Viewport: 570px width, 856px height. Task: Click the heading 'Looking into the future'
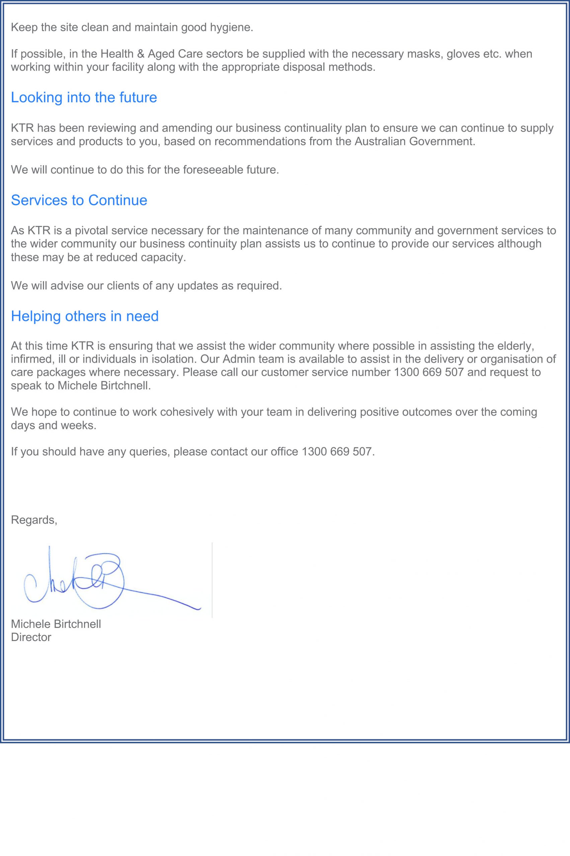click(84, 97)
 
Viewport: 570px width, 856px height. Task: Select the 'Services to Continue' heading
click(79, 200)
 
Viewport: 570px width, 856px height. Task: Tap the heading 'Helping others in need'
click(85, 316)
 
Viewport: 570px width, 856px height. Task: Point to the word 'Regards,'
click(34, 520)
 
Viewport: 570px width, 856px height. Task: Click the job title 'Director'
click(31, 637)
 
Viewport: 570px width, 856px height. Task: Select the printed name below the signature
click(56, 624)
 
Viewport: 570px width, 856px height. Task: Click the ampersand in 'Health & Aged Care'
click(141, 54)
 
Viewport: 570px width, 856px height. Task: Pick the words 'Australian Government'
click(414, 141)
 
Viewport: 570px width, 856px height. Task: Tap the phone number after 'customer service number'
click(429, 372)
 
